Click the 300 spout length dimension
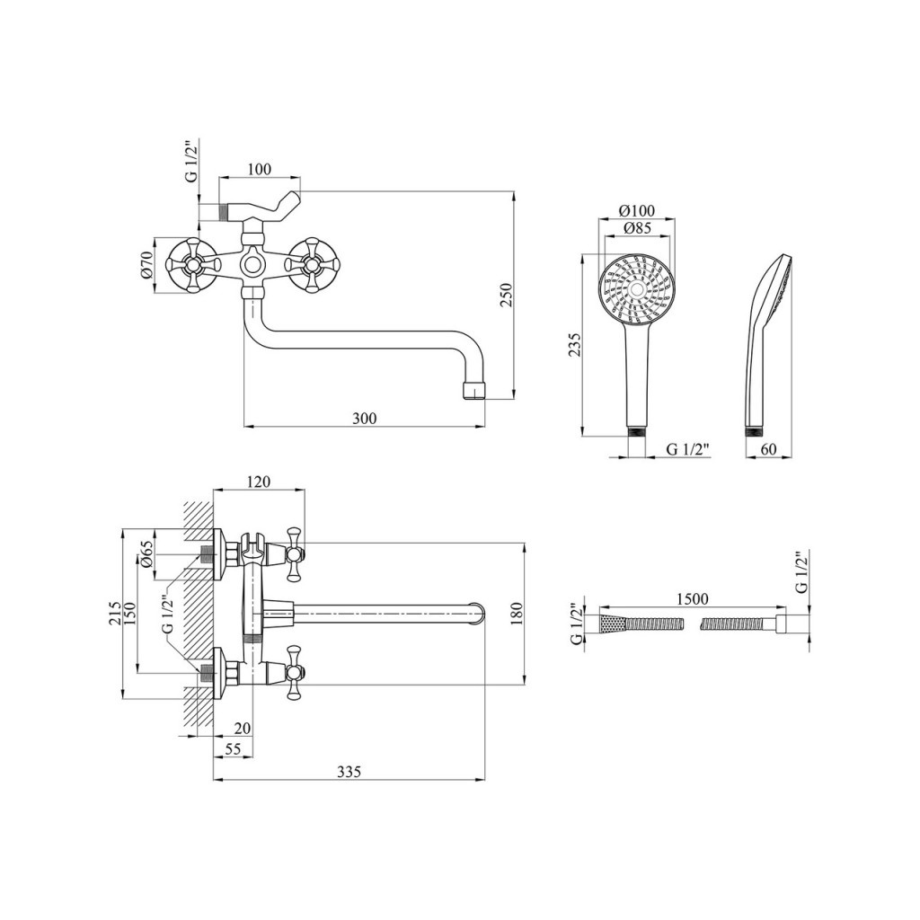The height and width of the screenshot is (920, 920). (364, 418)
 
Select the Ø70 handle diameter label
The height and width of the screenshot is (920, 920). (146, 265)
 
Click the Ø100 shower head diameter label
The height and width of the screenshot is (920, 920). (637, 211)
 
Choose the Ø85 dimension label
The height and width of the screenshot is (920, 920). (637, 228)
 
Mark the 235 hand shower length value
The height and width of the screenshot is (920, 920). (576, 344)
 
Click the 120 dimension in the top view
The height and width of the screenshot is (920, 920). (258, 482)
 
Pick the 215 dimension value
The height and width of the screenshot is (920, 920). (115, 613)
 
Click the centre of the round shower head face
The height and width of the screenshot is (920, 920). (637, 289)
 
